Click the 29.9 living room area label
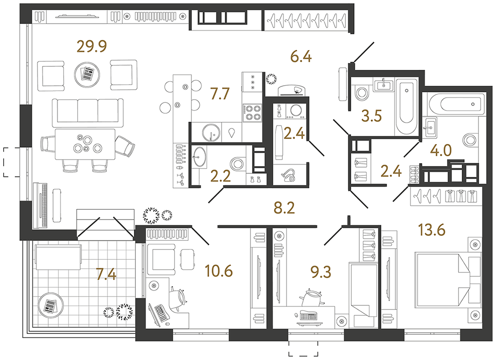(x=92, y=46)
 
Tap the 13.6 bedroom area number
(x=432, y=229)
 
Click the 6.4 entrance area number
(x=301, y=57)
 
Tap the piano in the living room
(x=41, y=204)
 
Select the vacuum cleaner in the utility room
(x=289, y=174)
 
